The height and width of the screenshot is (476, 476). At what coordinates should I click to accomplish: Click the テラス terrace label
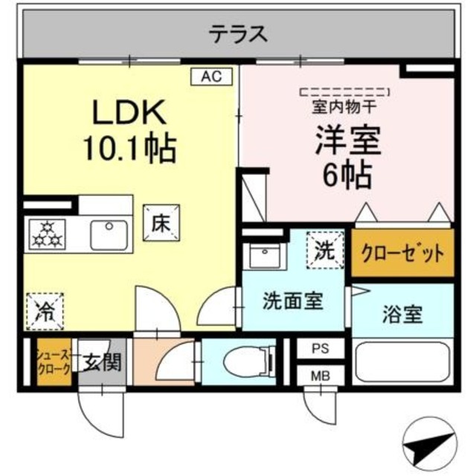(x=237, y=33)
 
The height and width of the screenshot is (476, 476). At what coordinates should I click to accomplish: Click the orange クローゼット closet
(x=402, y=254)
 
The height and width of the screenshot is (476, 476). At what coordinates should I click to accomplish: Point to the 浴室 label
(x=403, y=315)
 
